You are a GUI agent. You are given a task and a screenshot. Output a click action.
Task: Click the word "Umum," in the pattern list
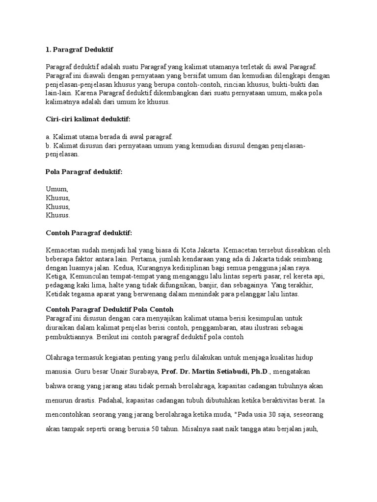click(57, 189)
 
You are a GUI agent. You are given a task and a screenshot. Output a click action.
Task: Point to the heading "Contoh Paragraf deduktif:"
click(89, 232)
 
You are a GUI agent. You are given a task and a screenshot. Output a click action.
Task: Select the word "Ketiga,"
click(56, 276)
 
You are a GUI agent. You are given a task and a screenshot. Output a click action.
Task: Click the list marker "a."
click(48, 136)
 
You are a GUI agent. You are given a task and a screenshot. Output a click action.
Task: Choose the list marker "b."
click(48, 145)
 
